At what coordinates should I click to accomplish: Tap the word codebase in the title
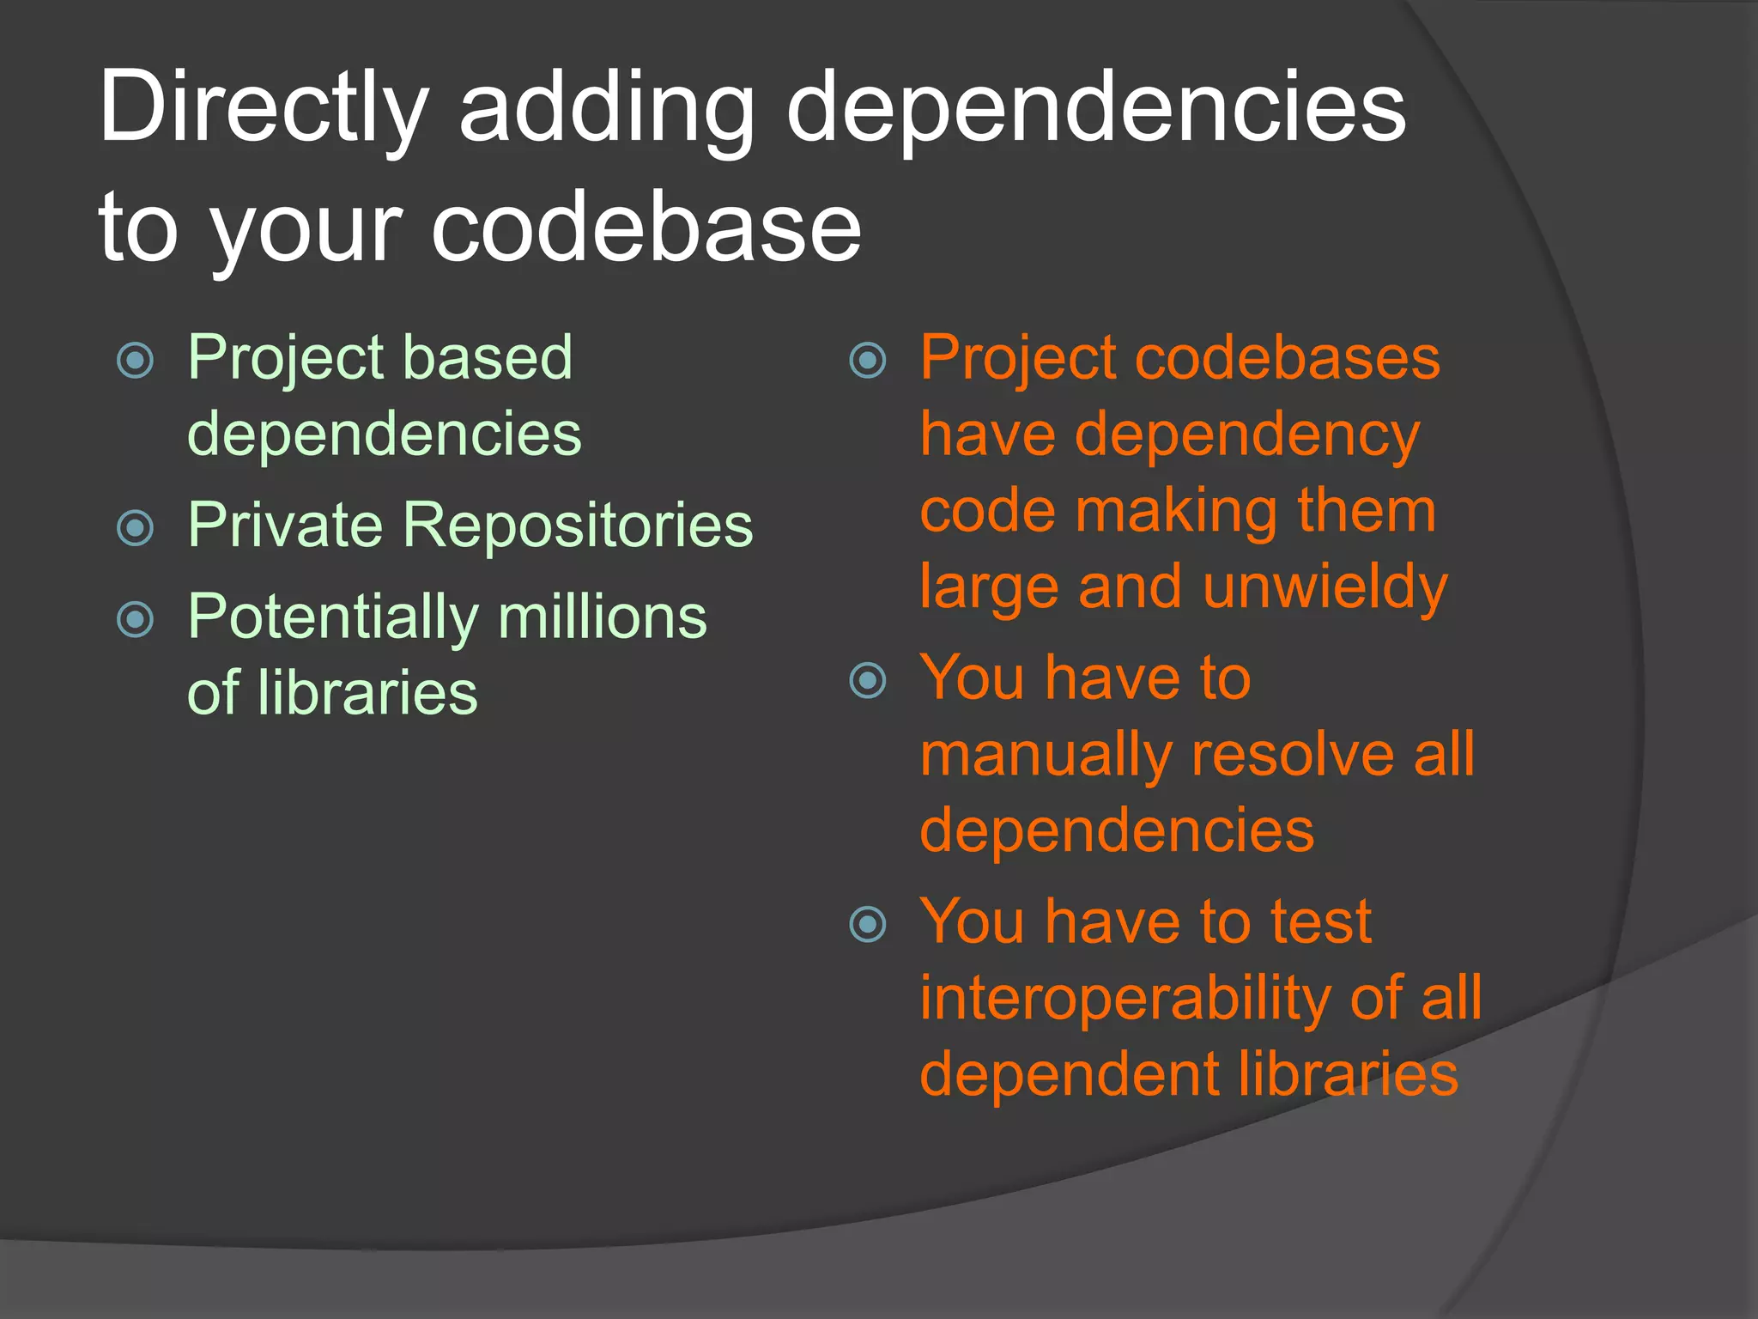click(646, 228)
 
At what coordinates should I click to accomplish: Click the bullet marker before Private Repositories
click(135, 527)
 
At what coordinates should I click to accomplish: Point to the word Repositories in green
click(578, 525)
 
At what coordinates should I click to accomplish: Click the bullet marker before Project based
click(135, 360)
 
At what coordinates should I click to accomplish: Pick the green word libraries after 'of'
click(367, 693)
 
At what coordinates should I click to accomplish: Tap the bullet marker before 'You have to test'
click(867, 925)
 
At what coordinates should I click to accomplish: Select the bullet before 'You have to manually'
click(867, 681)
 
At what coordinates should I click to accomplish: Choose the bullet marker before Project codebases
click(867, 360)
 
